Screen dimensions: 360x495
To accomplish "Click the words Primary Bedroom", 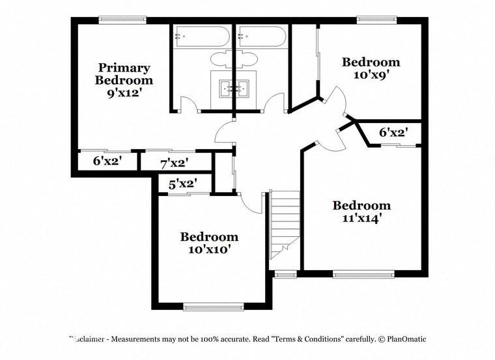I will tap(124, 74).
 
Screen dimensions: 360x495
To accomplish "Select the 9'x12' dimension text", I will tap(124, 94).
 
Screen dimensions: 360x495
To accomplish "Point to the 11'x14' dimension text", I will tap(361, 218).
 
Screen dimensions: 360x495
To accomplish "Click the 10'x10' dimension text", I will tap(209, 249).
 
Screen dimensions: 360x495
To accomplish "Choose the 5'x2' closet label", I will tap(182, 184).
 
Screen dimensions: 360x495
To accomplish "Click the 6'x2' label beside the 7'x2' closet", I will tap(107, 160).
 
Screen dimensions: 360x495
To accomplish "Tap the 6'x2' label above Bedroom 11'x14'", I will tap(394, 132).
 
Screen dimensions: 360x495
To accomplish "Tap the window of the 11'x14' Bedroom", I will tap(363, 275).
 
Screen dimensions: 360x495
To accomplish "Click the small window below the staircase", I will tap(284, 275).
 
